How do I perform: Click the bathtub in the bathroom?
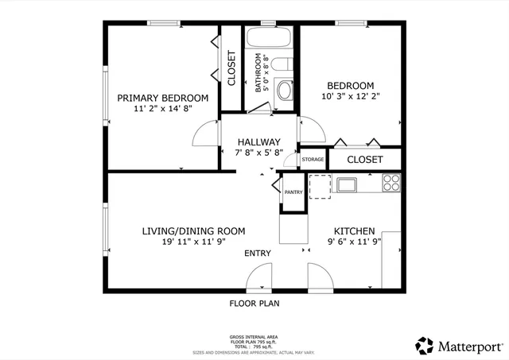(x=270, y=38)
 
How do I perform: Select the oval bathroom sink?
(x=285, y=89)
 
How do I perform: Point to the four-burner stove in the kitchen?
(x=390, y=184)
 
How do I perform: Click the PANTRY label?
(x=293, y=192)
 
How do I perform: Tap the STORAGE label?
(x=313, y=160)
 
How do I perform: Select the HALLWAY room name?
(x=258, y=141)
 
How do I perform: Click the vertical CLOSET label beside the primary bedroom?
(x=231, y=68)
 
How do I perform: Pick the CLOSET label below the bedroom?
(x=365, y=160)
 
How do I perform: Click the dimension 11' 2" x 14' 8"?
(x=163, y=111)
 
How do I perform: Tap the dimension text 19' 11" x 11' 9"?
(x=193, y=243)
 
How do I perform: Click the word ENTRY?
(x=258, y=254)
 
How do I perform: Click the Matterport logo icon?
(x=425, y=346)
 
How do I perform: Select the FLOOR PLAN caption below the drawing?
(x=254, y=303)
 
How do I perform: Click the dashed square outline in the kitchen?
(x=319, y=184)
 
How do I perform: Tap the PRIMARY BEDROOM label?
(x=163, y=99)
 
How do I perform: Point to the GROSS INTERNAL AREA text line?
(x=254, y=337)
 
